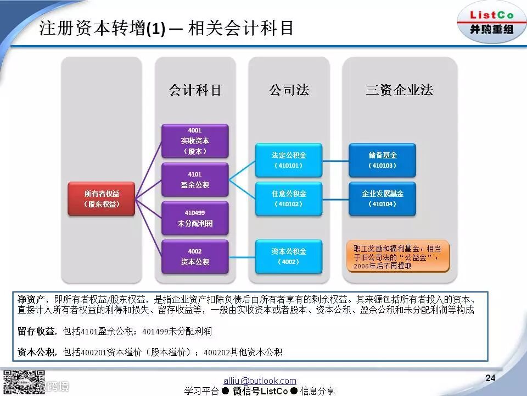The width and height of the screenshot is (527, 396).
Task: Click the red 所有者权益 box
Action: click(102, 199)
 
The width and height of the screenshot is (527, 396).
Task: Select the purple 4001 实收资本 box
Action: click(195, 141)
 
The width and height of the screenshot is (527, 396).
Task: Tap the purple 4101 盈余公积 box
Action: click(195, 179)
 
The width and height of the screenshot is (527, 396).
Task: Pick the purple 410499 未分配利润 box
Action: click(195, 218)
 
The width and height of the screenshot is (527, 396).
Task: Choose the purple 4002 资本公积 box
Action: click(195, 256)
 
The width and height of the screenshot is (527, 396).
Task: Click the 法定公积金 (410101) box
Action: click(289, 160)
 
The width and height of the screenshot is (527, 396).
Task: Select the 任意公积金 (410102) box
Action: click(289, 199)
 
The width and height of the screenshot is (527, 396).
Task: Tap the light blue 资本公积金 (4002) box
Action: click(289, 256)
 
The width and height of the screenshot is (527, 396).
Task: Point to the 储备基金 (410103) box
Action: click(383, 160)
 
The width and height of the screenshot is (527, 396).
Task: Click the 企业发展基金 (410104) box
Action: click(383, 199)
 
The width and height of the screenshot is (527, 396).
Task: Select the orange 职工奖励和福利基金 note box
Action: click(398, 256)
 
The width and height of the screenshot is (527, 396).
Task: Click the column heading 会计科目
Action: click(195, 90)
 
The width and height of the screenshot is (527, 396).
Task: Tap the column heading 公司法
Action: click(289, 90)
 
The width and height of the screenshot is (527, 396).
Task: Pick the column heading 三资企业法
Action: click(400, 90)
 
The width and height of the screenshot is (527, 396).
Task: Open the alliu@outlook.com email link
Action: click(260, 381)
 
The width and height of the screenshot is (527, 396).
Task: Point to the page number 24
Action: click(490, 378)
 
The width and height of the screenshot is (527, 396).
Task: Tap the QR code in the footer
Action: click(24, 383)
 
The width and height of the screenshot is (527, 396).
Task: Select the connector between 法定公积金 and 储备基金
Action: click(335, 161)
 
